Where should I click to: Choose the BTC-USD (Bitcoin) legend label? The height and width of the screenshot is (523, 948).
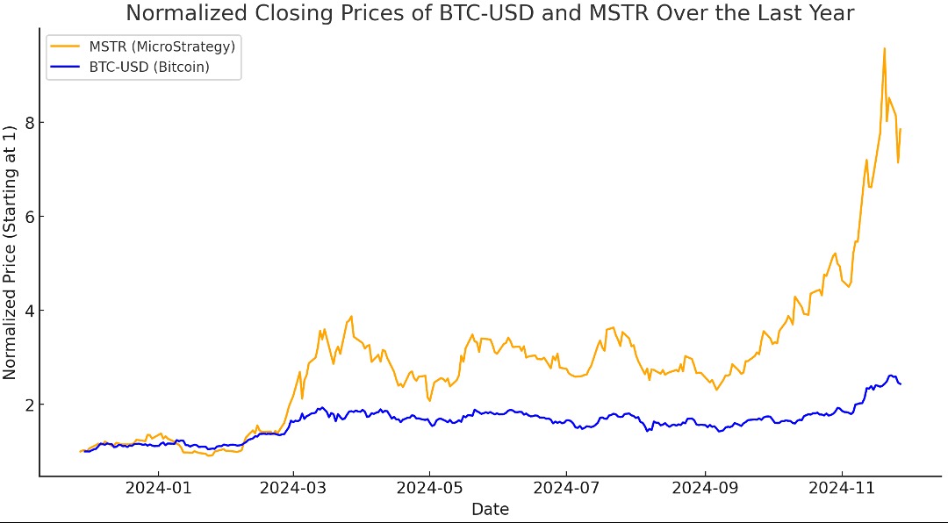tap(149, 67)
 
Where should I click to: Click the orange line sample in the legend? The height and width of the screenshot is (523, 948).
tap(65, 46)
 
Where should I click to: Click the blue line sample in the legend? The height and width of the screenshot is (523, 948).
tap(65, 67)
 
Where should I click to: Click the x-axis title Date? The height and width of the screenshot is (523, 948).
tap(490, 509)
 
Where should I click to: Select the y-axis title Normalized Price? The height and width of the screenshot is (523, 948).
tap(10, 253)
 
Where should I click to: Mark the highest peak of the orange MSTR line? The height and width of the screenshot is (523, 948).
tap(884, 48)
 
